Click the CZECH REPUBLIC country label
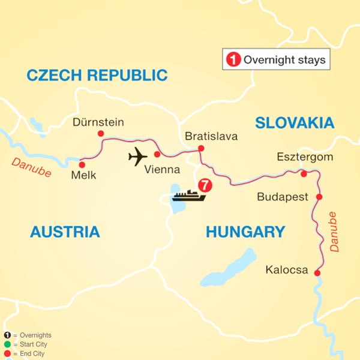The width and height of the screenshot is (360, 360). [x=97, y=75]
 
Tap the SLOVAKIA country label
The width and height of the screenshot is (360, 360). [x=294, y=123]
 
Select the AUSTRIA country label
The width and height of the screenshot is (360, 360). [x=65, y=232]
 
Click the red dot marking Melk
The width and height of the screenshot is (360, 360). [x=82, y=163]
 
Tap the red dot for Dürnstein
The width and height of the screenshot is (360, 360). [x=101, y=134]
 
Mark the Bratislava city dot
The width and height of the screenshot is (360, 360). [x=201, y=148]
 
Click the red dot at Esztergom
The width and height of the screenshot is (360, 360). [x=304, y=174]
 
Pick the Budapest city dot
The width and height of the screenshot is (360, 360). [x=319, y=197]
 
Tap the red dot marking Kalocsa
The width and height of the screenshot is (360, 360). [x=317, y=274]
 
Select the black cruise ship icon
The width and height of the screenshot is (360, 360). [x=189, y=196]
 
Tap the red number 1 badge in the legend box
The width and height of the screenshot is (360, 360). [x=232, y=60]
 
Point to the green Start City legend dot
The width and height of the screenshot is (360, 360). [x=7, y=344]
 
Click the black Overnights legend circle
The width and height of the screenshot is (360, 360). [x=7, y=335]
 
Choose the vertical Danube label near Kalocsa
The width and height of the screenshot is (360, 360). [x=334, y=230]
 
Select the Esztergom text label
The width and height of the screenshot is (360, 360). [x=304, y=158]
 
